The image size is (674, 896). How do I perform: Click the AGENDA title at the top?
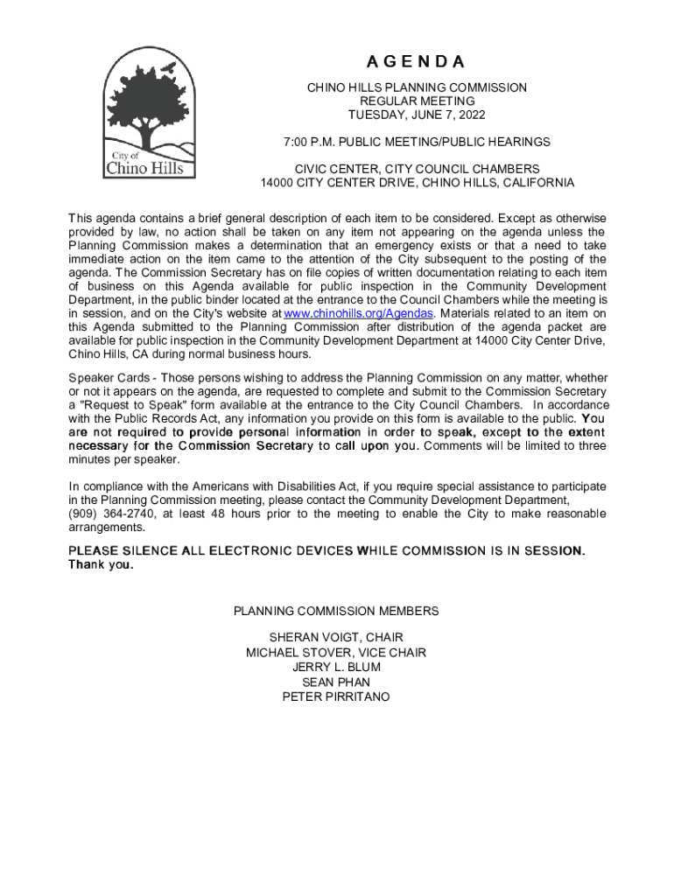(x=416, y=62)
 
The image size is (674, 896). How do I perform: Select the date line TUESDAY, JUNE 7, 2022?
(x=416, y=115)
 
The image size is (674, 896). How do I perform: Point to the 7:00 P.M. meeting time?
(x=310, y=142)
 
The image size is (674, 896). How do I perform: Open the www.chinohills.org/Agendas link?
(x=359, y=314)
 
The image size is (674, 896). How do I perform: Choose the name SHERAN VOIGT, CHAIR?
(x=336, y=638)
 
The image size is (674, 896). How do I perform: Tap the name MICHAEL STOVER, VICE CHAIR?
(x=336, y=653)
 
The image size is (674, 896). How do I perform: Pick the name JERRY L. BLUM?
(x=336, y=668)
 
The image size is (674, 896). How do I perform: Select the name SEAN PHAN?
(x=336, y=682)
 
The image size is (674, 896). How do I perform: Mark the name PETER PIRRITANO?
(x=336, y=697)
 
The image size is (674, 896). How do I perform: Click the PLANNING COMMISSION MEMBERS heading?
(x=336, y=611)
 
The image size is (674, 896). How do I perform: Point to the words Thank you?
(x=101, y=564)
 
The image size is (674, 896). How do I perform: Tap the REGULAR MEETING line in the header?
(x=416, y=101)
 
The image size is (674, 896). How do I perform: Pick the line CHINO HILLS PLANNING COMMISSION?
(x=416, y=87)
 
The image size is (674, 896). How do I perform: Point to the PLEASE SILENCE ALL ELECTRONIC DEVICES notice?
(x=326, y=550)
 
